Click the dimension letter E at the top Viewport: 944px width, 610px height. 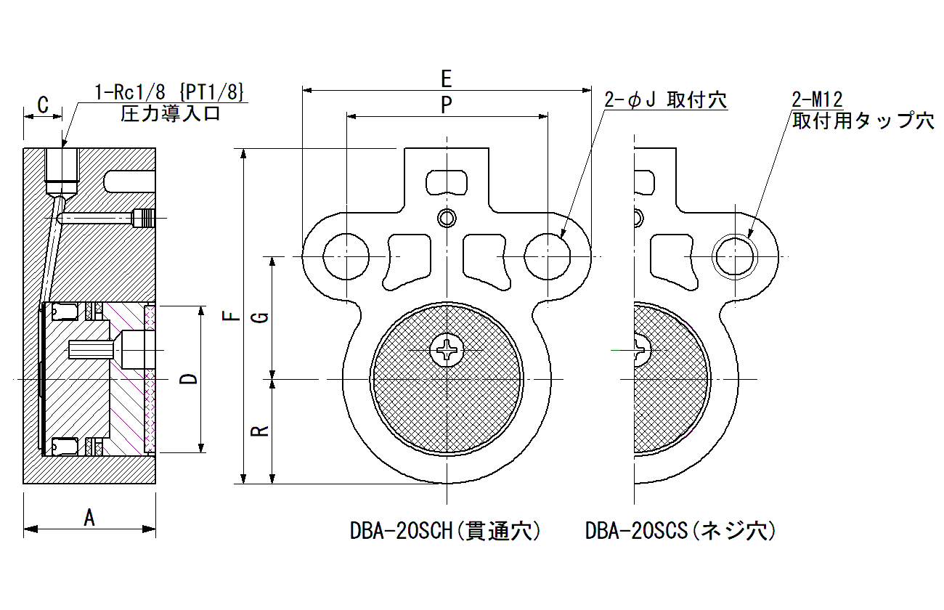pos(447,79)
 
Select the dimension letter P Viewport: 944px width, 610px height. pos(447,105)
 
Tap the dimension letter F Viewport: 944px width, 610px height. pos(231,315)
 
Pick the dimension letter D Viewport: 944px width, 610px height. pos(188,378)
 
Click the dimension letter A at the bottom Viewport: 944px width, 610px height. pos(89,517)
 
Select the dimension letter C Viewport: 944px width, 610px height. pos(43,105)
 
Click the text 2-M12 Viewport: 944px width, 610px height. pos(817,99)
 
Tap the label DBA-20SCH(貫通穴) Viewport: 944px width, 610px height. pos(445,530)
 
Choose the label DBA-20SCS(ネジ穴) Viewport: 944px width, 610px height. pos(680,530)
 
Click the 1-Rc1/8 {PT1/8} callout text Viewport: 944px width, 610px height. pos(169,92)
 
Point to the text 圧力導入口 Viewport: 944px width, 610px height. pos(170,113)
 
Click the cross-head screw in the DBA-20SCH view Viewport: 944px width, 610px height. pos(447,350)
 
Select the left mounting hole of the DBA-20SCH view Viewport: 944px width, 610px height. pos(346,256)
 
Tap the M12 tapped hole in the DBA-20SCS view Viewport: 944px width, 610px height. pos(735,256)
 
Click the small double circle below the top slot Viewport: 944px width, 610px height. pos(447,219)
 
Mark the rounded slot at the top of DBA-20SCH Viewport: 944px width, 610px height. pos(447,182)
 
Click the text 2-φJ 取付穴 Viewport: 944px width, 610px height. pos(665,100)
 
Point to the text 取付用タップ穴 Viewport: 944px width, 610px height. pos(863,121)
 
